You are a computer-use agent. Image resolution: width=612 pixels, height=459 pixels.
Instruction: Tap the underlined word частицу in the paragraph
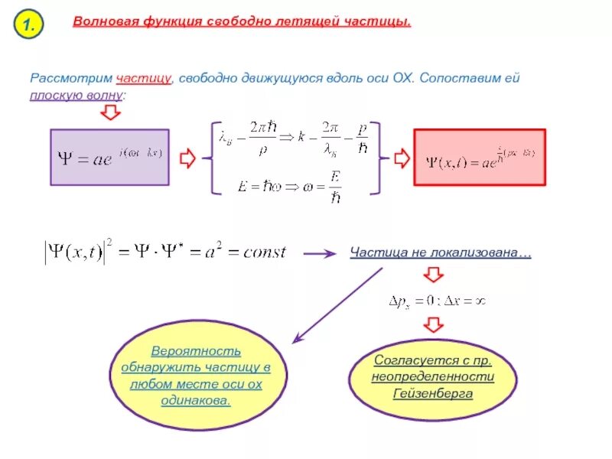[145, 79]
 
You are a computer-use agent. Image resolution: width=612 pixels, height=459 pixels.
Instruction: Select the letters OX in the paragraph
[402, 79]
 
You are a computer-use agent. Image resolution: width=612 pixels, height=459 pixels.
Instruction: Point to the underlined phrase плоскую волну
[76, 94]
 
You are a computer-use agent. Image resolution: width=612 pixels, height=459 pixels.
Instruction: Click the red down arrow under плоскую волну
[112, 113]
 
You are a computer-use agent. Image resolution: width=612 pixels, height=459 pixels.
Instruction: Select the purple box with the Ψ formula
[109, 157]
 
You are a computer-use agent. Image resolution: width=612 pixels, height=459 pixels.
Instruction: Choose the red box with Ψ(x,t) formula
[480, 157]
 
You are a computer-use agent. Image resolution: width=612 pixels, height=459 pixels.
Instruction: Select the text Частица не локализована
[440, 252]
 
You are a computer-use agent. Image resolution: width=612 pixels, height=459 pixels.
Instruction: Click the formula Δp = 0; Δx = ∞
[436, 301]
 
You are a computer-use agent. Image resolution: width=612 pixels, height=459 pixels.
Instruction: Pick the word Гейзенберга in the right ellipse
[433, 394]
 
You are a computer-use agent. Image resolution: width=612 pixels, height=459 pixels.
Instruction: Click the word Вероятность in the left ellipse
[196, 351]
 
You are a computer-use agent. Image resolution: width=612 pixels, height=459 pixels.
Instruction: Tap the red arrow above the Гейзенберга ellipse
[434, 325]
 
